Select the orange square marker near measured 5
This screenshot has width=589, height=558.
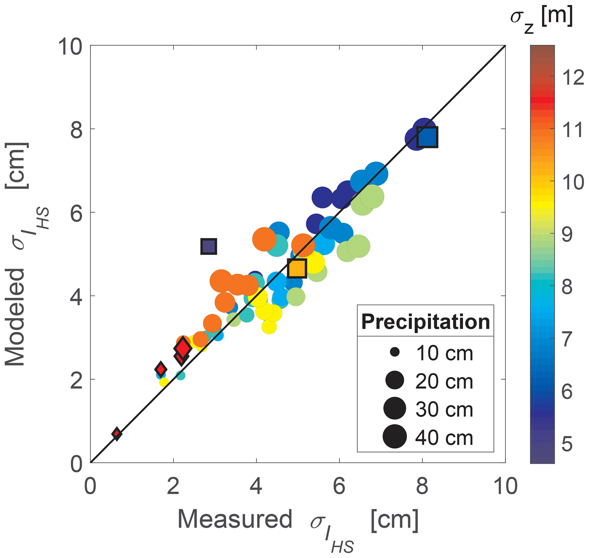point(297,268)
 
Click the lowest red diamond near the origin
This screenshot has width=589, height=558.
point(117,434)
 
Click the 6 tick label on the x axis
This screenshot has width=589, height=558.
point(339,486)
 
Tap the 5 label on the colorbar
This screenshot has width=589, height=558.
point(567,444)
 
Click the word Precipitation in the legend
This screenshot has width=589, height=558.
point(425,322)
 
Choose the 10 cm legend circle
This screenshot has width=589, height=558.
point(395,352)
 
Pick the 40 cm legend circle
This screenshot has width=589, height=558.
point(395,436)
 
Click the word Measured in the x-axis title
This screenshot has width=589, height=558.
point(235,519)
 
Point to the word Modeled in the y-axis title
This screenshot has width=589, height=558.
point(15,317)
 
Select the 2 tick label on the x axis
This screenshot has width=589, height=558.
point(173,486)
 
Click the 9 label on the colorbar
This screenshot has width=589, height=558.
point(567,234)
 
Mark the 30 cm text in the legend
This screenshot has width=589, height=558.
point(444,409)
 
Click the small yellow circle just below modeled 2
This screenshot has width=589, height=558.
point(164,382)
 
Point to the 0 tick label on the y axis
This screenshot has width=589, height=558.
point(77,464)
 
